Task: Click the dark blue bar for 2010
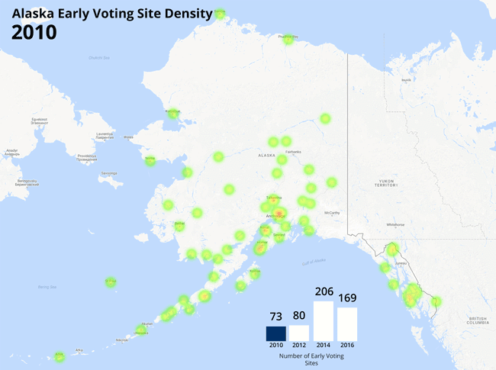pyautogui.click(x=276, y=333)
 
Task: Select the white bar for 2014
pyautogui.click(x=324, y=321)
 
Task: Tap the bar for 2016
pyautogui.click(x=347, y=324)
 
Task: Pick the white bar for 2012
pyautogui.click(x=299, y=333)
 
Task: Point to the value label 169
pyautogui.click(x=347, y=299)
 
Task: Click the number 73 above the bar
pyautogui.click(x=276, y=317)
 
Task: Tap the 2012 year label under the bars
pyautogui.click(x=299, y=346)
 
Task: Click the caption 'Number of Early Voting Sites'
pyautogui.click(x=310, y=359)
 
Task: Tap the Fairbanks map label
pyautogui.click(x=294, y=151)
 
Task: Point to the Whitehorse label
pyautogui.click(x=395, y=224)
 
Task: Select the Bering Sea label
pyautogui.click(x=47, y=287)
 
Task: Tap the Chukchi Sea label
pyautogui.click(x=99, y=57)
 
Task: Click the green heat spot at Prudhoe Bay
pyautogui.click(x=288, y=39)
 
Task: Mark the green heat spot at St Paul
pyautogui.click(x=111, y=282)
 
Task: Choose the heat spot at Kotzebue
pyautogui.click(x=172, y=114)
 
